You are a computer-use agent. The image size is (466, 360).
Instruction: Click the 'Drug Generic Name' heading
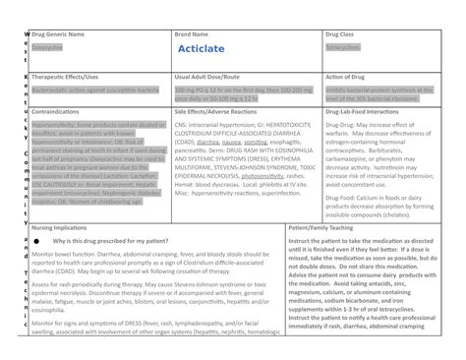57,33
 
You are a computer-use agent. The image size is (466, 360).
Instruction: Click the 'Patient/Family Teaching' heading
328,225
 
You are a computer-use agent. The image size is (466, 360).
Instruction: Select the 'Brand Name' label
193,33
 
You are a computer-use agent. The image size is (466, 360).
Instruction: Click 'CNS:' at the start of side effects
179,126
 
